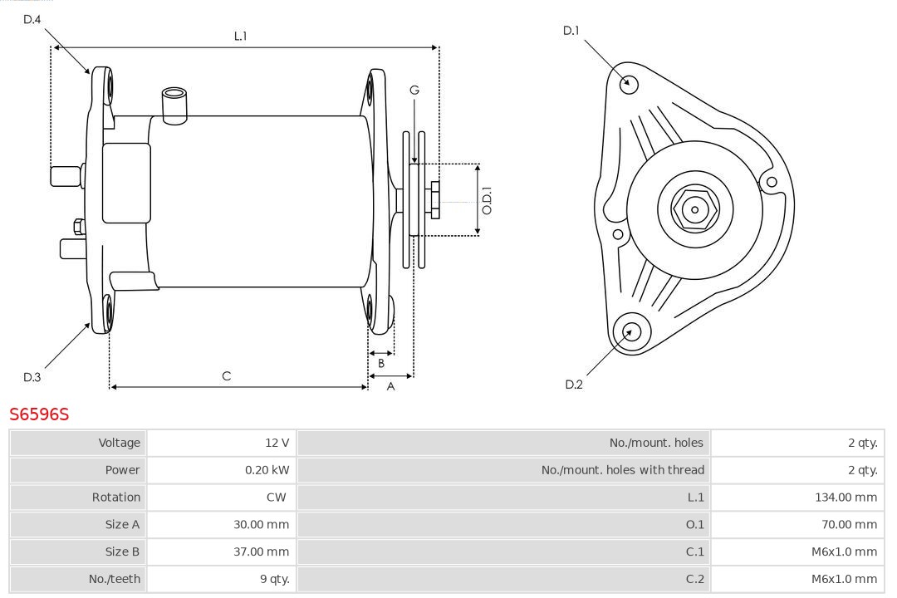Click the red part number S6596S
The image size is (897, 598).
(39, 414)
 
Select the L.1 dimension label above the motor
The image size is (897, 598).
(240, 36)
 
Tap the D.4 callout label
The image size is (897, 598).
(32, 19)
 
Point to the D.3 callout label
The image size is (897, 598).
(32, 377)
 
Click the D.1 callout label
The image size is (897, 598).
(571, 31)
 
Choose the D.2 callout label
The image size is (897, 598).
(573, 384)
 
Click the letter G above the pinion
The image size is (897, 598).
(414, 90)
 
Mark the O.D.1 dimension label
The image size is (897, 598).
(488, 200)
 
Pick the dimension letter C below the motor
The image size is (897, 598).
(226, 376)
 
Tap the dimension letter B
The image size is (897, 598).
(381, 363)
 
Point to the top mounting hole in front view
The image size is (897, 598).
(630, 83)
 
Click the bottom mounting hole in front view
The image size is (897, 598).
(629, 332)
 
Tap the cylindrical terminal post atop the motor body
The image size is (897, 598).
(174, 104)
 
